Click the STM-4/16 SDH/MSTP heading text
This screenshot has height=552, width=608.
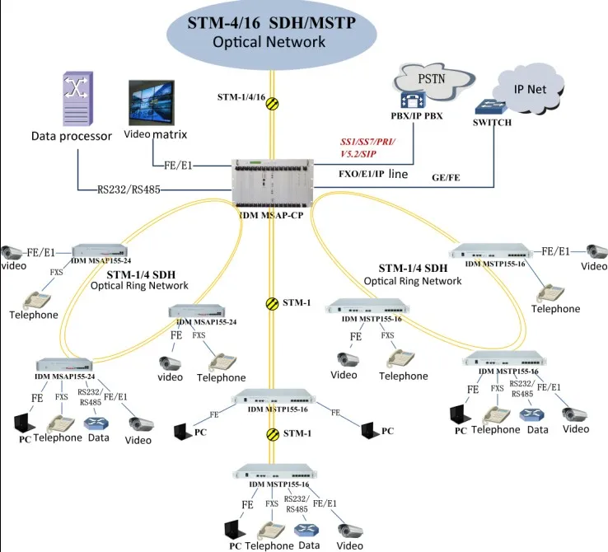click(271, 22)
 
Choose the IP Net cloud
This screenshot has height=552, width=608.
click(531, 89)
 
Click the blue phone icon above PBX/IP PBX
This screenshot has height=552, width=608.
click(417, 101)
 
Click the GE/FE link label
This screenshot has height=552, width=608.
click(446, 177)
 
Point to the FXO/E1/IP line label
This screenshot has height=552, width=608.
click(372, 175)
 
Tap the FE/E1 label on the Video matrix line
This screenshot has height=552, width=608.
click(178, 166)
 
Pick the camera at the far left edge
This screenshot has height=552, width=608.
click(11, 253)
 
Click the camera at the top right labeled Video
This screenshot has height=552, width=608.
click(595, 250)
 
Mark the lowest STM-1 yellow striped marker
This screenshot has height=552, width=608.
click(273, 433)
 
